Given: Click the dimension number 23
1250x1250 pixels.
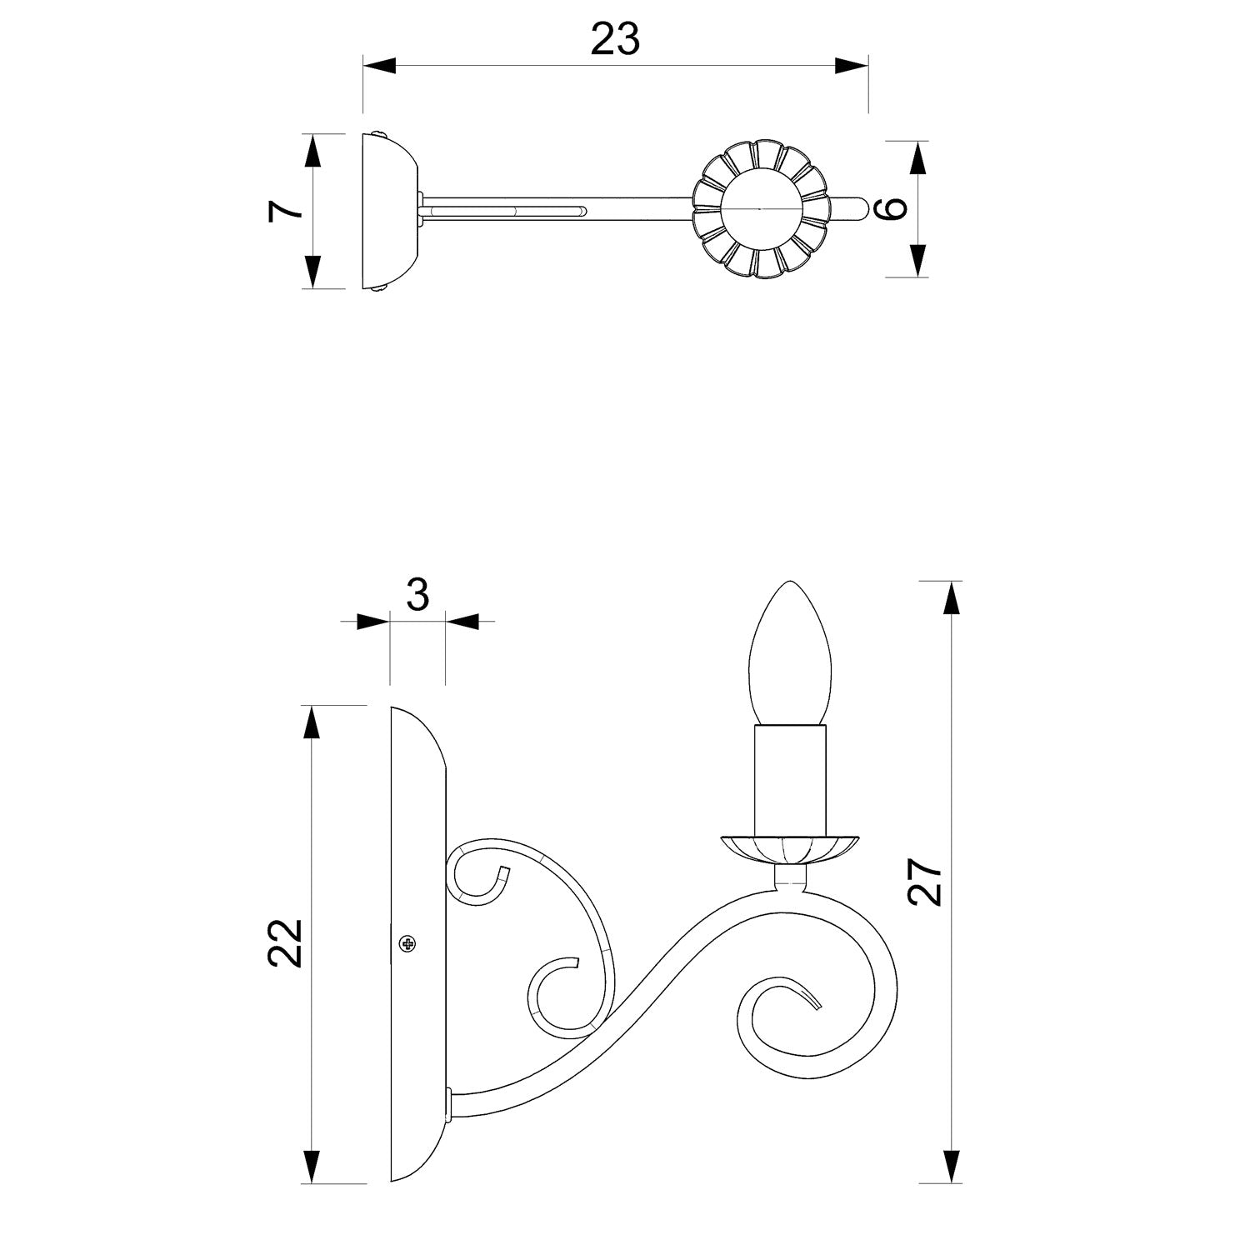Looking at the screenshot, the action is click(615, 38).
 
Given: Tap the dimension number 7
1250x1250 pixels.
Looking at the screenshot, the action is click(285, 211).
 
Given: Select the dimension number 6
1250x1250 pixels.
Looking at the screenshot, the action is click(892, 207).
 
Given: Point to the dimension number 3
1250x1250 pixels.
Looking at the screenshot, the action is click(417, 595).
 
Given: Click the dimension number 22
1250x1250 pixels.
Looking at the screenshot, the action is click(285, 942).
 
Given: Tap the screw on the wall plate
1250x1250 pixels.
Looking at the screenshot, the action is click(407, 943).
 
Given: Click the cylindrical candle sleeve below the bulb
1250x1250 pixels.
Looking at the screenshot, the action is click(790, 780).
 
